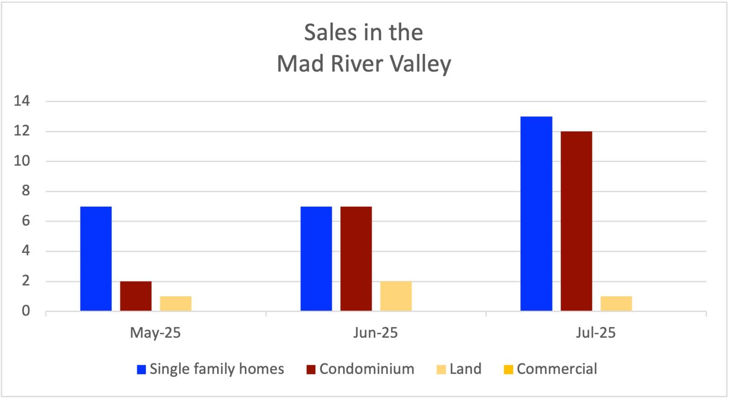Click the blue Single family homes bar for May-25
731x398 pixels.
point(96,259)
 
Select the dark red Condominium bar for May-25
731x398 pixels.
point(136,296)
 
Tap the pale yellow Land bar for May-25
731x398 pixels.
point(175,304)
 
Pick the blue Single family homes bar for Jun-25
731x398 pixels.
point(316,259)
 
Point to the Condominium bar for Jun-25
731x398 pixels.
point(356,259)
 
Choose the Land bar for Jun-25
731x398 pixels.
point(396,296)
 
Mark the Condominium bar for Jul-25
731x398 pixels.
point(576,221)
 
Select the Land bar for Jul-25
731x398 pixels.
point(616,304)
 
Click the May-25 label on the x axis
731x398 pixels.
point(155,333)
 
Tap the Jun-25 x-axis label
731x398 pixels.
point(376,333)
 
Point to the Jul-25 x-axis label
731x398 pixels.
point(596,333)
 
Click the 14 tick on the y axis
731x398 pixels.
point(22,101)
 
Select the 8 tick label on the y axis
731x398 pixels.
point(26,191)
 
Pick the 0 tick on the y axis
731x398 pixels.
point(26,311)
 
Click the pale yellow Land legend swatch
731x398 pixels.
point(441,369)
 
